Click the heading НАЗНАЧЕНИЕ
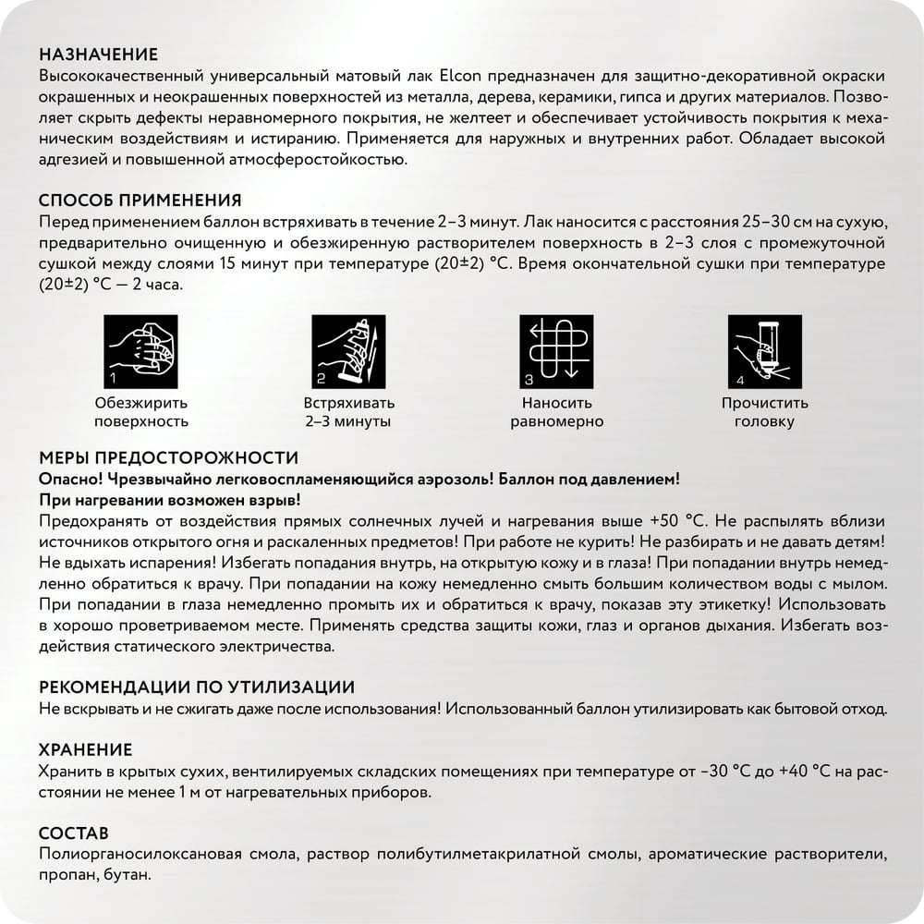click(x=99, y=55)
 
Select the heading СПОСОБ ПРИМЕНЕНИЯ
click(x=140, y=201)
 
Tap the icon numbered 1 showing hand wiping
click(x=141, y=352)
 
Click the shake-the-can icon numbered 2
click(x=348, y=352)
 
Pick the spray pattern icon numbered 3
click(x=557, y=352)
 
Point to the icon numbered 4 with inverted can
click(x=764, y=352)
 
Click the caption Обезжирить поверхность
click(x=141, y=412)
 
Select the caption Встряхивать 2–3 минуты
click(x=348, y=412)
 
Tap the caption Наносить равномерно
click(x=557, y=412)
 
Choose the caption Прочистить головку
click(x=764, y=412)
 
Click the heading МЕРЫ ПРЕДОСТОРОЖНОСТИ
click(x=169, y=457)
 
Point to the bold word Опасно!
click(x=71, y=480)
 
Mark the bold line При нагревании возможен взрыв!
click(x=170, y=501)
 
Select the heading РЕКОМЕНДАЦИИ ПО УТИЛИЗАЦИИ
click(x=197, y=687)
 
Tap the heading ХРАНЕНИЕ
click(x=86, y=749)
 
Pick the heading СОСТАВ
click(x=74, y=833)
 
